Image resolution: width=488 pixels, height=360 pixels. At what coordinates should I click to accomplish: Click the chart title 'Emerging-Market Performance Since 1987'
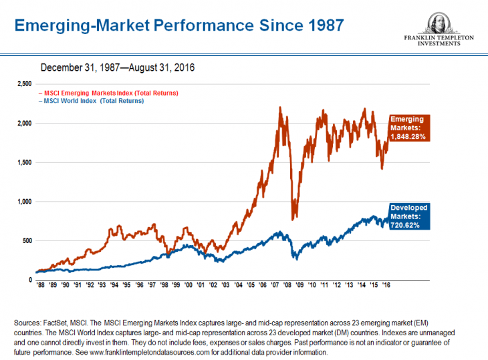point(179,25)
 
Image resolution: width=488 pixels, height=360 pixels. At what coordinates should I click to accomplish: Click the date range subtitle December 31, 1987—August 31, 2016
point(117,67)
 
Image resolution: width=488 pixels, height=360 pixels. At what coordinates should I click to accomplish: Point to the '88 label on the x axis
point(40,285)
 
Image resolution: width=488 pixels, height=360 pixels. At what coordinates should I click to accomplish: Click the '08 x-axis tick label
point(287,285)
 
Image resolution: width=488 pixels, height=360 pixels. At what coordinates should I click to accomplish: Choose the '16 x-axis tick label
point(386,285)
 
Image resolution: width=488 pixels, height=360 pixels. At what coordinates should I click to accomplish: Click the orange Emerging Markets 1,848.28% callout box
point(408,127)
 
